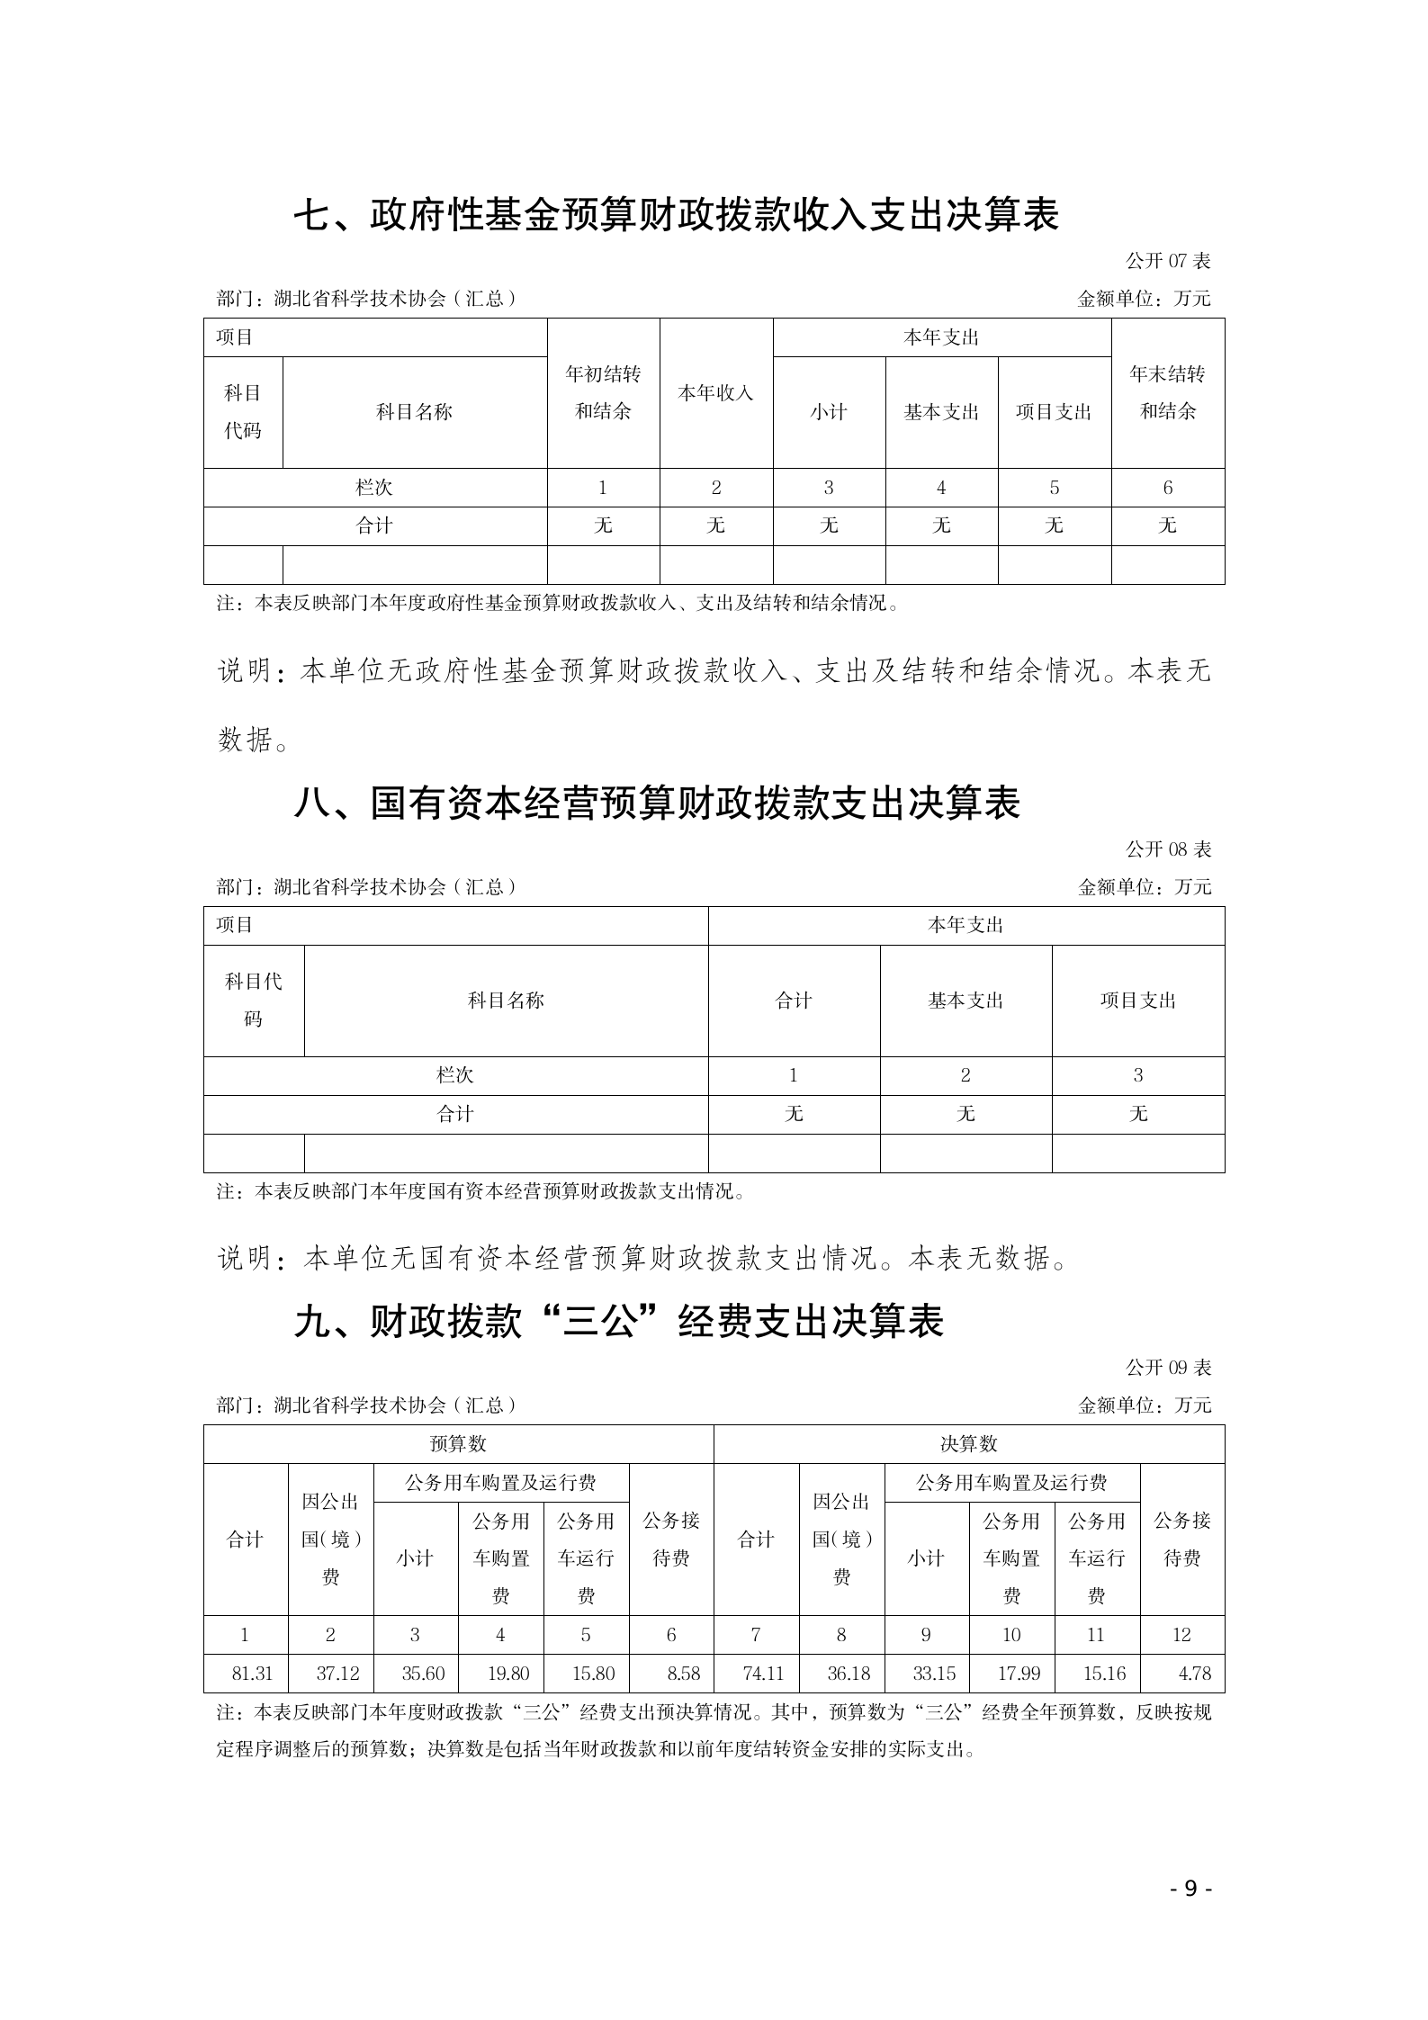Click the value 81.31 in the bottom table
(x=252, y=1674)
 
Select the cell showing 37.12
(x=337, y=1674)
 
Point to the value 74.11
(x=763, y=1674)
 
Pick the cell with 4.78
(x=1194, y=1674)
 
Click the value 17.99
(x=1019, y=1674)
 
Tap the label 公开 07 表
(x=1168, y=261)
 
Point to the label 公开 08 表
(x=1168, y=848)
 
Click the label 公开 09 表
(x=1168, y=1368)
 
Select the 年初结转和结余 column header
(x=603, y=392)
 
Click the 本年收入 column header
(x=715, y=392)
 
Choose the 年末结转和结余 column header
(x=1167, y=392)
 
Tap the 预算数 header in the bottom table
(x=458, y=1443)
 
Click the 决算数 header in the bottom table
(x=968, y=1443)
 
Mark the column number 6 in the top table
(x=1167, y=488)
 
